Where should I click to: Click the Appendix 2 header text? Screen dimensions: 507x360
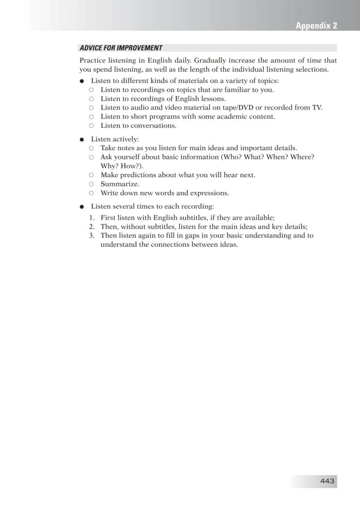[316, 26]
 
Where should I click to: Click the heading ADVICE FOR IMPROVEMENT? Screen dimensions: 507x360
[121, 48]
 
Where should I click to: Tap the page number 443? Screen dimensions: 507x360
[327, 481]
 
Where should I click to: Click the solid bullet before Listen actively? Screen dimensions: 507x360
[81, 140]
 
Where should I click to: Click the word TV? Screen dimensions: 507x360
[317, 107]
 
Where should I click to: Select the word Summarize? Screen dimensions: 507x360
[120, 184]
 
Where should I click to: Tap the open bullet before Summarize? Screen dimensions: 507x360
[91, 184]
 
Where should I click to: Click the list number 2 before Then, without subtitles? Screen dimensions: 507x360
[92, 227]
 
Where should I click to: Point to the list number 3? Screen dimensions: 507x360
[92, 236]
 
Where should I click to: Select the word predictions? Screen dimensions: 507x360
[139, 175]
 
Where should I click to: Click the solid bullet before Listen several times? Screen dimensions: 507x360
[81, 207]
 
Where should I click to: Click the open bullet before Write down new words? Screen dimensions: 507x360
[91, 193]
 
